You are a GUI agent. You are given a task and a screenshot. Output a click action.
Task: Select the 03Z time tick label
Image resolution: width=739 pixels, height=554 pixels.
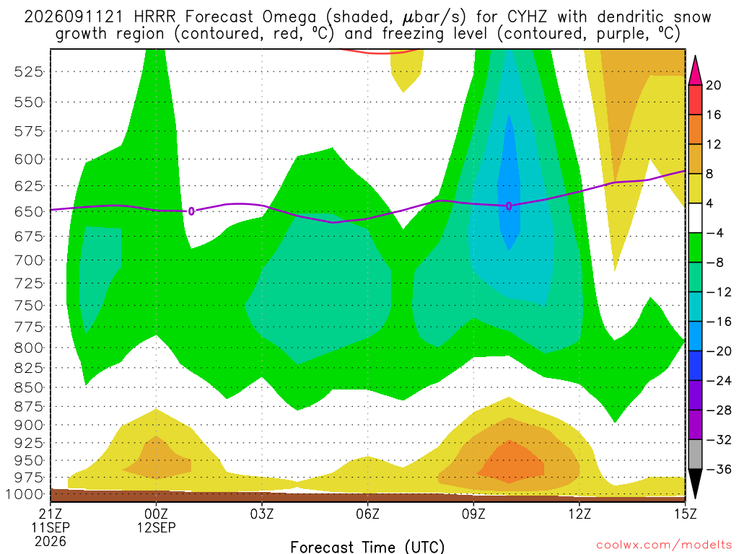click(x=262, y=514)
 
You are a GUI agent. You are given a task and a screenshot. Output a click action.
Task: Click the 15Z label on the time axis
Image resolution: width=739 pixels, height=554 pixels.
click(x=685, y=514)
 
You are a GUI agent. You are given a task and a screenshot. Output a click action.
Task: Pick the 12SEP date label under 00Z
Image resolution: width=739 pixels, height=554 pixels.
click(x=156, y=527)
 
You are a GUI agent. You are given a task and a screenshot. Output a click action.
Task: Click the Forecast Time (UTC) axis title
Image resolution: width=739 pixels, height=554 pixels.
click(x=367, y=547)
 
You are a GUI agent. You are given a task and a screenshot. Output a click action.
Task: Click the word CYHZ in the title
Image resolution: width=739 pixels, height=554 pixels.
click(x=527, y=17)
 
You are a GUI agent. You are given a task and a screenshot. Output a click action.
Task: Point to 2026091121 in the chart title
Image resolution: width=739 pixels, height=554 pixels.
click(x=74, y=17)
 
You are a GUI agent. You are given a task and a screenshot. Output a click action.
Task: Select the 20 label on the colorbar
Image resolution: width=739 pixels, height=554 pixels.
click(x=713, y=85)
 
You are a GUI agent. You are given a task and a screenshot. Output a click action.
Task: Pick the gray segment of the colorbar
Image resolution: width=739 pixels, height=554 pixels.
click(x=695, y=454)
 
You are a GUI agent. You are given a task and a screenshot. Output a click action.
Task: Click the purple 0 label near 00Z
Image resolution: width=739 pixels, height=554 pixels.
click(x=191, y=211)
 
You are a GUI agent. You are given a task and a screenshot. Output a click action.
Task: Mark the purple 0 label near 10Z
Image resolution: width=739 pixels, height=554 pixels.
click(x=509, y=206)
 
